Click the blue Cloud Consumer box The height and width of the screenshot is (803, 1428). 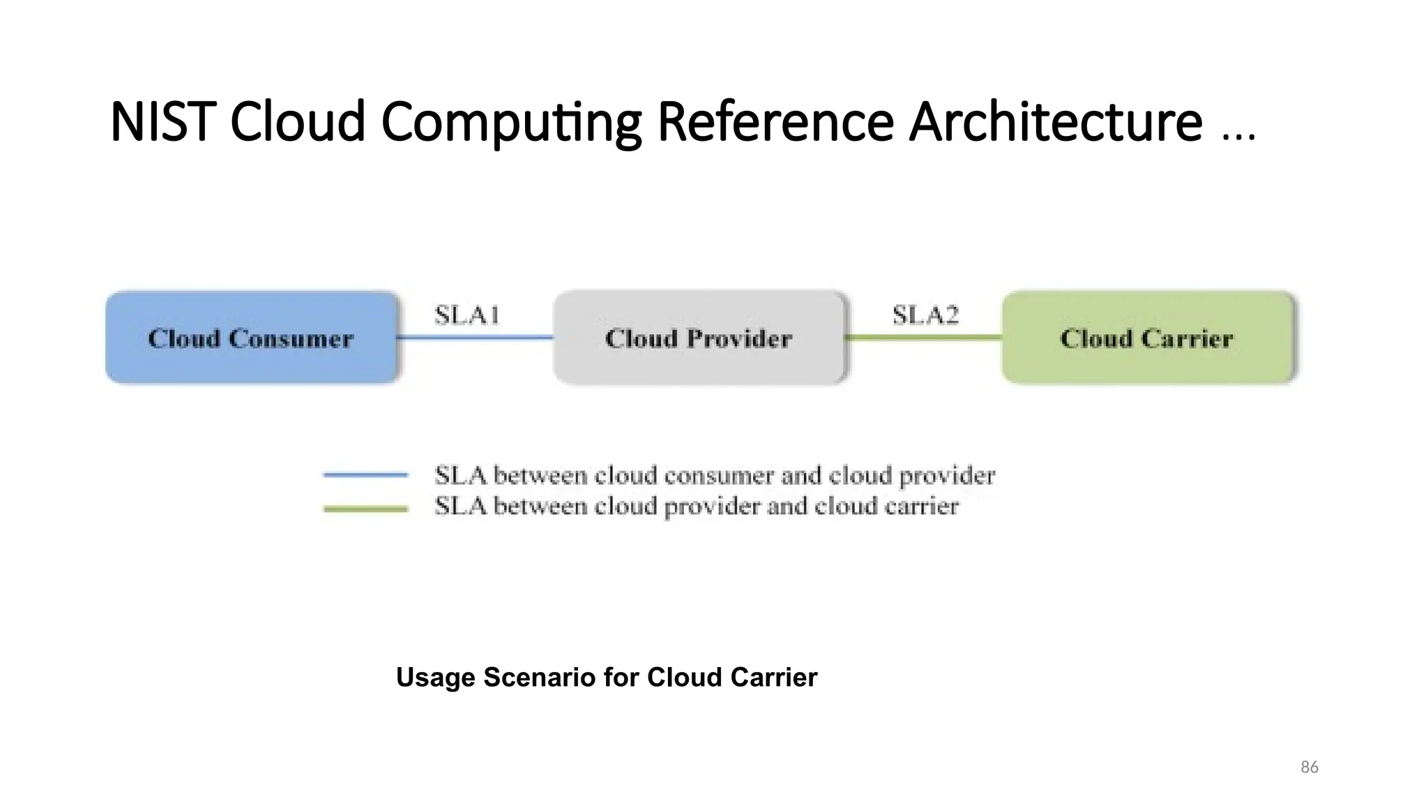(252, 338)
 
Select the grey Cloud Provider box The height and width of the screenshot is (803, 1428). (699, 338)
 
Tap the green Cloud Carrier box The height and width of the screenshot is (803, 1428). (1147, 338)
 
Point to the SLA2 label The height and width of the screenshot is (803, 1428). (925, 316)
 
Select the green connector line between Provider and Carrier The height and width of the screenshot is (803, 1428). (923, 338)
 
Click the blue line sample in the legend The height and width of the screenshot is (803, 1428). (365, 475)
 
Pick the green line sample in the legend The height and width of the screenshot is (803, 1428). (365, 509)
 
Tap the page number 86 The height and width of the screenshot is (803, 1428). (1309, 767)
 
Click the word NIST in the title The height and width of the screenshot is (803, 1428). (161, 122)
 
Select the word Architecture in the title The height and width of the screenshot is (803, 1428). (1055, 122)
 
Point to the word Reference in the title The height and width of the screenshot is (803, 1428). (775, 122)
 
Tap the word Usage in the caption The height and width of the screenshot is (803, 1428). (435, 678)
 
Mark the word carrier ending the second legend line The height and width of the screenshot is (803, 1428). (921, 507)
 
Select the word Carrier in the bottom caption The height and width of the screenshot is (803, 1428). (773, 678)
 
